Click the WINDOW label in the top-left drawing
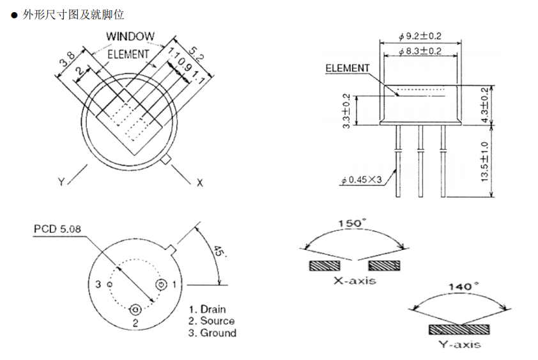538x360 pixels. pyautogui.click(x=130, y=36)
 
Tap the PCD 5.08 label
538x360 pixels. pyautogui.click(x=58, y=228)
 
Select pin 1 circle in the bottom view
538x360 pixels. pyautogui.click(x=162, y=284)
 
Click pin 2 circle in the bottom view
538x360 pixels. pyautogui.click(x=135, y=309)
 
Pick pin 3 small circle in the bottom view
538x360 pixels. pyautogui.click(x=109, y=284)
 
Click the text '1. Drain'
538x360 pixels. pyautogui.click(x=208, y=309)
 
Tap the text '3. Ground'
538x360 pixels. pyautogui.click(x=213, y=333)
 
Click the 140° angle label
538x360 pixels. pyautogui.click(x=460, y=286)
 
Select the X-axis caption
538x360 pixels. pyautogui.click(x=355, y=280)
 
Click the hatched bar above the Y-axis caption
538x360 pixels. pyautogui.click(x=459, y=329)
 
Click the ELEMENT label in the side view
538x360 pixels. pyautogui.click(x=348, y=68)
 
